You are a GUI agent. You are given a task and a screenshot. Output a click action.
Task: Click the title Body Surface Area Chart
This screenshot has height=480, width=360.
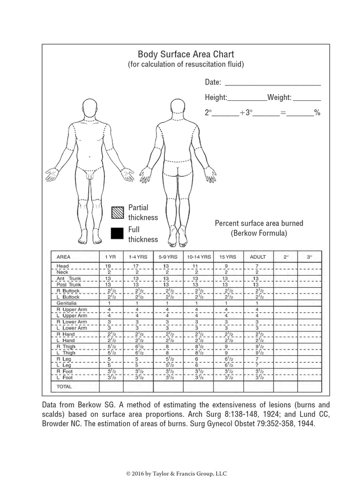tap(186, 54)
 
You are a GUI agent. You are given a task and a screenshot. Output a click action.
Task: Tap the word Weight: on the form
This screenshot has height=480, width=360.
tap(279, 98)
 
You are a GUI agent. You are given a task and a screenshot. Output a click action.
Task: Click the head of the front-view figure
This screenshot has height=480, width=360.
tap(89, 107)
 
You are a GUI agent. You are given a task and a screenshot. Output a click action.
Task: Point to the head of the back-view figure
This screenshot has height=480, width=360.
tap(179, 107)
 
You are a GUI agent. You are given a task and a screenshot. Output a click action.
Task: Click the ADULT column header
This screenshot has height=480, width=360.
tap(258, 257)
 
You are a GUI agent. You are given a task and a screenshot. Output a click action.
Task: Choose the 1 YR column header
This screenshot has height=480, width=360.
tap(111, 257)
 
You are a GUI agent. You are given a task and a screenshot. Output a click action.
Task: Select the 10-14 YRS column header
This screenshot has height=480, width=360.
tap(199, 257)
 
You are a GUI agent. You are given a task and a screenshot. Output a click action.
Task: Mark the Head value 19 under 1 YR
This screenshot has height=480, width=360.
tap(108, 266)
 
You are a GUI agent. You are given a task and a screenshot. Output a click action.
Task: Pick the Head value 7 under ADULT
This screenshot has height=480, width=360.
tap(256, 266)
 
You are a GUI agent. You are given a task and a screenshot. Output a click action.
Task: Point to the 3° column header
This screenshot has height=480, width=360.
tap(309, 257)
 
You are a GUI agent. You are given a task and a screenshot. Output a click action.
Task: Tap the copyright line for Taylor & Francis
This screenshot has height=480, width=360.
tap(180, 474)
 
